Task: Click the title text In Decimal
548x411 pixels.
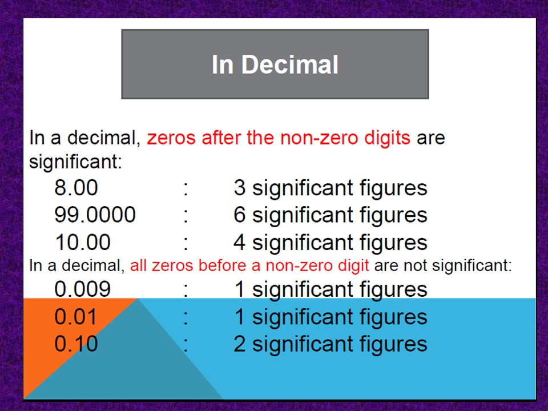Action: coord(275,65)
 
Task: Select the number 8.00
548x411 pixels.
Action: coord(76,188)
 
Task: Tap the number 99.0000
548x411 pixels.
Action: coord(95,215)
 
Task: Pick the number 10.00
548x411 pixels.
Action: coord(82,243)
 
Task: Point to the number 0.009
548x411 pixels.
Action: coord(82,289)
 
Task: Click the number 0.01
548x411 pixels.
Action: coord(76,317)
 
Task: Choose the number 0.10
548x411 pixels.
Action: coord(76,344)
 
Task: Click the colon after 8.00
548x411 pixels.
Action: coord(186,189)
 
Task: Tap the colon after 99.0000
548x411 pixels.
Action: coord(186,216)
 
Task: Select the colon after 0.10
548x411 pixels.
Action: coord(186,345)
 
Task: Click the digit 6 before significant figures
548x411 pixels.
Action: coord(240,215)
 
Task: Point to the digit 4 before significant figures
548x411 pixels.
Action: coord(240,243)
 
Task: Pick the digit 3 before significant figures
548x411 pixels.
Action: coord(240,188)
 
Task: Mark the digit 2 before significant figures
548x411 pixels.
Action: coord(240,344)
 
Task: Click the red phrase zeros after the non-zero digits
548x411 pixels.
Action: coord(279,138)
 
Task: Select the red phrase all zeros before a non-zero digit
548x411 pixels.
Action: coord(249,265)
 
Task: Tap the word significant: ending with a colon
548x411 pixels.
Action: coord(76,162)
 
